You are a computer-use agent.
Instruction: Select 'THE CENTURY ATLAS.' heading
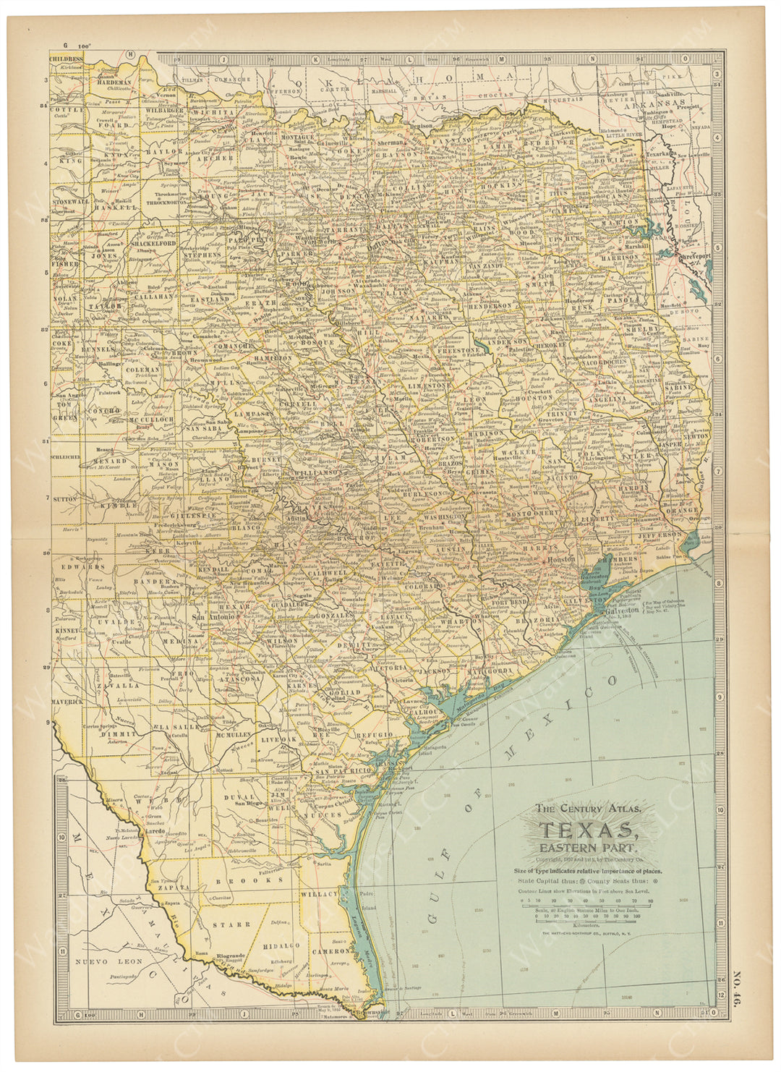tap(586, 809)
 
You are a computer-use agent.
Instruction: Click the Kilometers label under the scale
tap(586, 924)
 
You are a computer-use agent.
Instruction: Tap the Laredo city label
tap(155, 832)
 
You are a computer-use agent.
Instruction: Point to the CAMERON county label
tap(332, 951)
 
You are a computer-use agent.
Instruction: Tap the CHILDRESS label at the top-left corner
tap(67, 56)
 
